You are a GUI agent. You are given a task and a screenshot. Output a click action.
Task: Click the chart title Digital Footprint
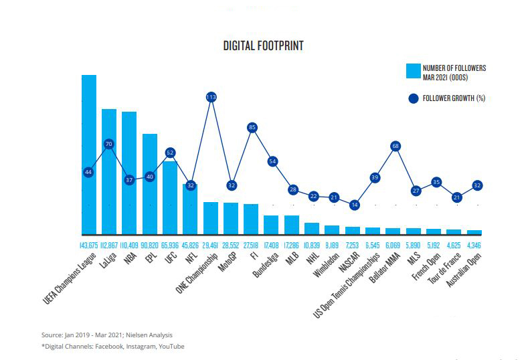[x=264, y=46]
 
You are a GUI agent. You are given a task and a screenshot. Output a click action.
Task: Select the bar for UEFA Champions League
[x=89, y=154]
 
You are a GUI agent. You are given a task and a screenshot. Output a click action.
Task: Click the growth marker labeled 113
[x=211, y=97]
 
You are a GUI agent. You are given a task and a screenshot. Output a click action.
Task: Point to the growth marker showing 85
[x=252, y=127]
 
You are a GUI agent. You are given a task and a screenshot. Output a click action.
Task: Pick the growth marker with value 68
[x=396, y=146]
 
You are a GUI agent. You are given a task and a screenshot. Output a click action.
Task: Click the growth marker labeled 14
[x=354, y=205]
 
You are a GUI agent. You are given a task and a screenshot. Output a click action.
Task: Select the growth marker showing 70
[x=109, y=144]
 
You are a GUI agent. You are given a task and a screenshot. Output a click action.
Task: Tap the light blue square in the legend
[x=413, y=72]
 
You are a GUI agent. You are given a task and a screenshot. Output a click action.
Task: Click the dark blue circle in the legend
[x=413, y=98]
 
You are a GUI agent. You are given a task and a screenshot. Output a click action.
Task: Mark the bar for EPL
[x=150, y=184]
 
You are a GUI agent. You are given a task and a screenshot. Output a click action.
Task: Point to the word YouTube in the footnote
[x=171, y=346]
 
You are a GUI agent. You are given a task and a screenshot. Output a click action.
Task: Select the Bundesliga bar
[x=271, y=225]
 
